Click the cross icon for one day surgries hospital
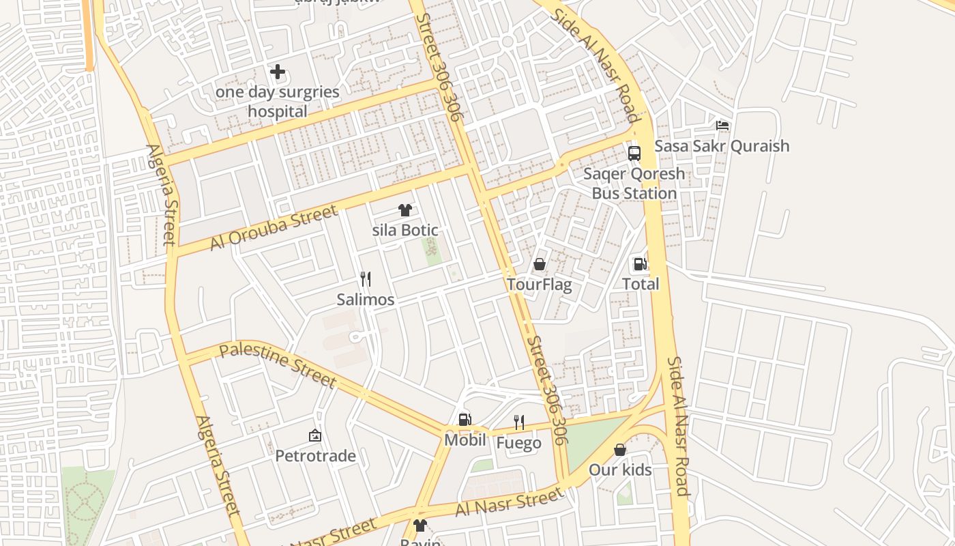pyautogui.click(x=278, y=72)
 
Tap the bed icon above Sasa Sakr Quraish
pyautogui.click(x=722, y=126)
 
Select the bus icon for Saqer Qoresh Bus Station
pyautogui.click(x=634, y=153)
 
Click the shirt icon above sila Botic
pyautogui.click(x=405, y=210)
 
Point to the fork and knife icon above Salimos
pyautogui.click(x=366, y=278)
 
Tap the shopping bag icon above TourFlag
pyautogui.click(x=540, y=264)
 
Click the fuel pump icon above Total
pyautogui.click(x=640, y=264)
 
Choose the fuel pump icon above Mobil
pyautogui.click(x=465, y=420)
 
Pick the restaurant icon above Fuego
pyautogui.click(x=519, y=422)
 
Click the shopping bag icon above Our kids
pyautogui.click(x=620, y=450)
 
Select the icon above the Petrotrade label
pyautogui.click(x=315, y=435)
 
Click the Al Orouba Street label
pyautogui.click(x=274, y=228)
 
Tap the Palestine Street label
pyautogui.click(x=278, y=366)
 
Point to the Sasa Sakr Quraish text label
pyautogui.click(x=722, y=146)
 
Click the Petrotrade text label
pyautogui.click(x=315, y=456)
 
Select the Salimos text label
pyautogui.click(x=366, y=300)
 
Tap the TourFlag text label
pyautogui.click(x=539, y=285)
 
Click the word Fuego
pyautogui.click(x=518, y=443)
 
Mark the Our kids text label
pyautogui.click(x=620, y=470)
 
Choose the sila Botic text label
pyautogui.click(x=405, y=231)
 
